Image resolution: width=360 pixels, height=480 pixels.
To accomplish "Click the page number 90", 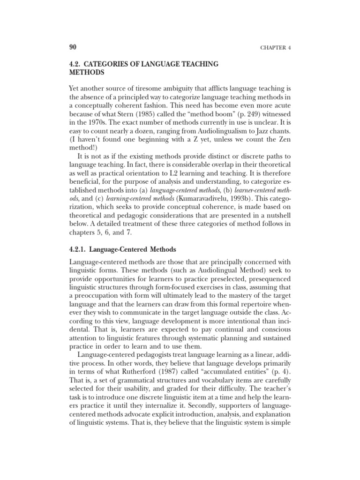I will (73, 48).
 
